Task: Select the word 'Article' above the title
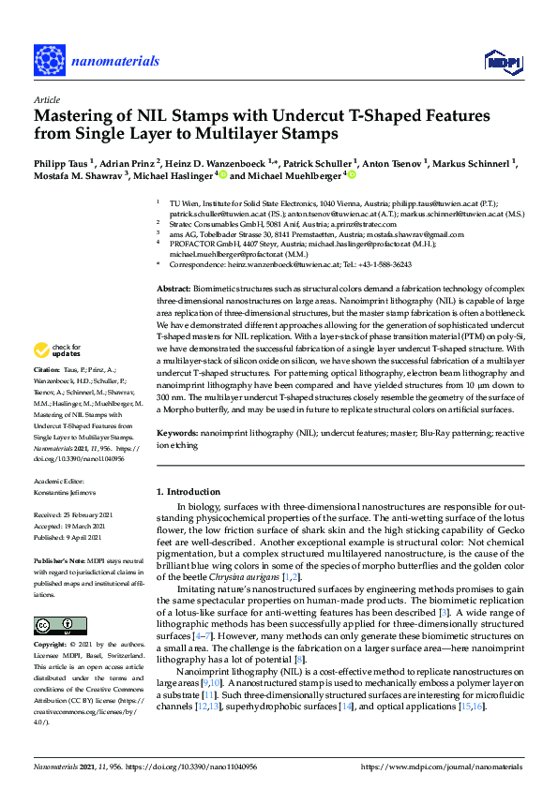coord(46,98)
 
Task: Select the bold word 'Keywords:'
coord(177,434)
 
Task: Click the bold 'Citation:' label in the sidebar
coord(49,397)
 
